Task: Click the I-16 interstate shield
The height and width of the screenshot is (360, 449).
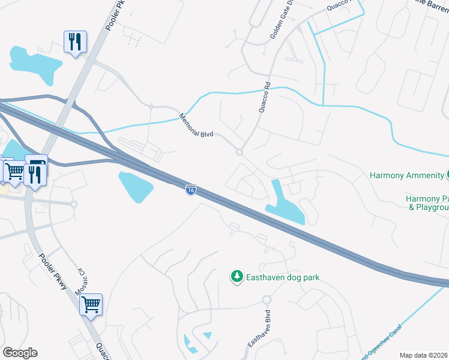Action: pos(190,190)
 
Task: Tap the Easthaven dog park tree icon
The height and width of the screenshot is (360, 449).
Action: pos(237,277)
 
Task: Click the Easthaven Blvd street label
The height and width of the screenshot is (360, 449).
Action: pos(260,328)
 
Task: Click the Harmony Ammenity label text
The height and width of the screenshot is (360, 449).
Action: pos(405,176)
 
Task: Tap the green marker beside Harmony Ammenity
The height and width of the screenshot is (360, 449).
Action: pos(447,175)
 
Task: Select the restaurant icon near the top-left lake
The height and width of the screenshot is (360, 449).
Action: pos(75,42)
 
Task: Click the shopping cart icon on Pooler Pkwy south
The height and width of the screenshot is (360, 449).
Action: pos(91,304)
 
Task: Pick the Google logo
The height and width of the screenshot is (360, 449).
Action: pos(20,353)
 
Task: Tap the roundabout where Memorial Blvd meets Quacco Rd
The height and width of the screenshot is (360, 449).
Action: pos(240,152)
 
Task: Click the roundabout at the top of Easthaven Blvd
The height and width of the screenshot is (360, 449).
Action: pos(267,299)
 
